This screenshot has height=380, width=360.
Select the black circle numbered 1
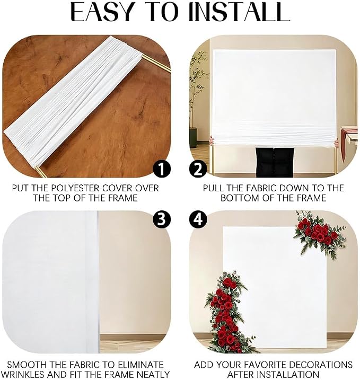[162, 170]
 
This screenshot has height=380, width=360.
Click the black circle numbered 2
[198, 170]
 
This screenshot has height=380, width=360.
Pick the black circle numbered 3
[162, 220]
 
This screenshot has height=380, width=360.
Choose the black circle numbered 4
[198, 220]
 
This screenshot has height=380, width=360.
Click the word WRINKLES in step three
[24, 375]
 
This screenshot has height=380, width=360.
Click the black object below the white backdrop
[275, 162]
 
